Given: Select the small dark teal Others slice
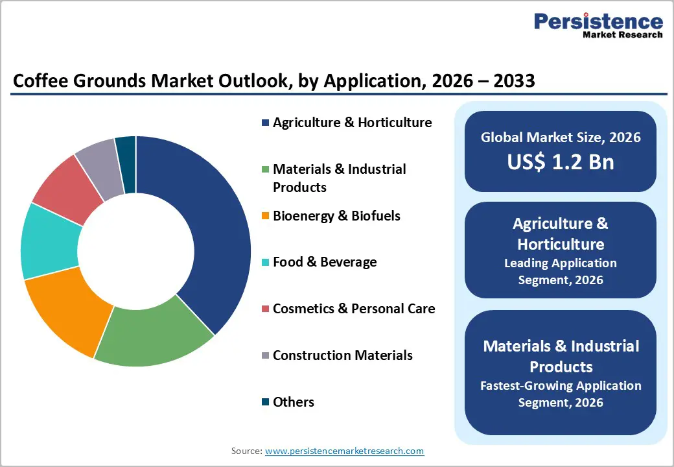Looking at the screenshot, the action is [x=126, y=156].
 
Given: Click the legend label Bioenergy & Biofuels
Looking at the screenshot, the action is [x=336, y=216].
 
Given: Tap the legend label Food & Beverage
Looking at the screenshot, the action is [x=324, y=262].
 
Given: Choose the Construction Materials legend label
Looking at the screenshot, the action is [x=342, y=355].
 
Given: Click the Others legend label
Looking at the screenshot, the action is [x=293, y=402].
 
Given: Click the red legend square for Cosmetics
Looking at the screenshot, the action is [x=265, y=309].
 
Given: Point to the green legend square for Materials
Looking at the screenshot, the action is [x=265, y=170].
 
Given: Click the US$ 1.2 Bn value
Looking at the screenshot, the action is [x=561, y=162].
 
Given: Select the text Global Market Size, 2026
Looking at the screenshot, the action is [x=561, y=138].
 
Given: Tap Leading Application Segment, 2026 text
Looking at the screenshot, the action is [x=561, y=272].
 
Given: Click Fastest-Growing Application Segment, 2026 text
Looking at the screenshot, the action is [x=561, y=394].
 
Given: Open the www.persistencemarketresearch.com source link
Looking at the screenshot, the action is [x=344, y=451].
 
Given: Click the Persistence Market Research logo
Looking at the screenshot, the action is [x=598, y=26].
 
